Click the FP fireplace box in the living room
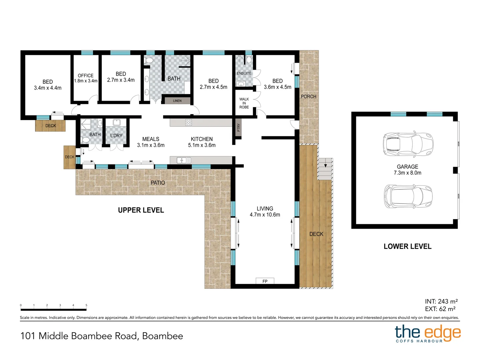(x=265, y=281)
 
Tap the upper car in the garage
(x=408, y=144)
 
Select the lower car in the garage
(x=408, y=196)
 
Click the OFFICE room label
(x=86, y=76)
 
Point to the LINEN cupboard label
(x=177, y=101)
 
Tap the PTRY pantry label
(x=238, y=127)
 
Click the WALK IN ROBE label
(x=244, y=103)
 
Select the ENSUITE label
(x=244, y=73)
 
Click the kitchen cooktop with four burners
(x=188, y=122)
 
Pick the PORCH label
(x=308, y=96)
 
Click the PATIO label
(x=158, y=183)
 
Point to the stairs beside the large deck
(x=325, y=169)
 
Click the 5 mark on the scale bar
(x=86, y=305)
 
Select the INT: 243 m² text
(x=441, y=301)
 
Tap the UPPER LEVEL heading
(x=141, y=210)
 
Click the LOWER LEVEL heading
(x=407, y=246)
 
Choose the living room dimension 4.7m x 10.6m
(x=265, y=215)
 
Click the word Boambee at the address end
(x=162, y=336)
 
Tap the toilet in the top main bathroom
(x=149, y=60)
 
